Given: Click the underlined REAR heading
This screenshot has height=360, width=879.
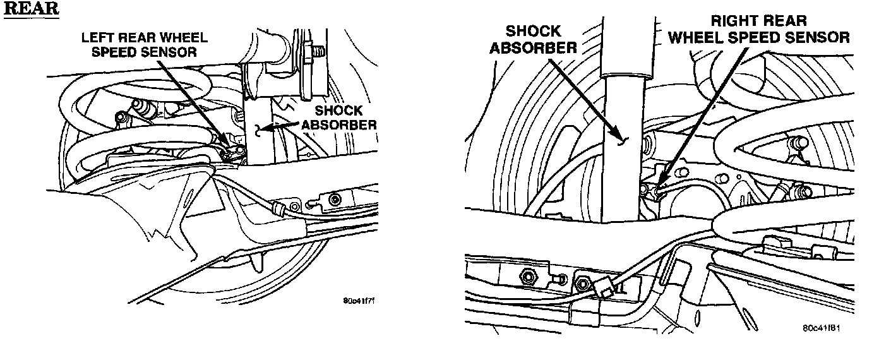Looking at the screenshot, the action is [32, 9].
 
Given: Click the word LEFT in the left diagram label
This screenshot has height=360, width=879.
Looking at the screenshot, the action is [97, 38].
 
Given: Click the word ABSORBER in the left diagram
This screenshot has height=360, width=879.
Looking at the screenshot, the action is [339, 125].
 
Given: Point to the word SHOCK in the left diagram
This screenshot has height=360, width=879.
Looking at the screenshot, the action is [339, 111].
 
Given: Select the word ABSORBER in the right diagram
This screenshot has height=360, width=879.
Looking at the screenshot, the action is [534, 48].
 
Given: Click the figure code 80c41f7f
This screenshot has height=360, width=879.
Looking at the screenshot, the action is [359, 301].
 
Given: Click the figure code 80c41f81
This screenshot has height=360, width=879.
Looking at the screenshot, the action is [822, 328].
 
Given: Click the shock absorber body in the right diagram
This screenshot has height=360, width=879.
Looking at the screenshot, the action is [623, 149].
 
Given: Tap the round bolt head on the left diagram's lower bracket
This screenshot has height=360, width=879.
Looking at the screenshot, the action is [335, 200].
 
